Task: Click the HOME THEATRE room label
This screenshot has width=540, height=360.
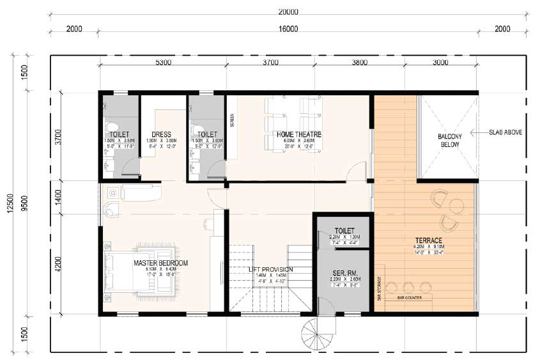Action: [298, 135]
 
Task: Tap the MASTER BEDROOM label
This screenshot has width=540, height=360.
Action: [161, 263]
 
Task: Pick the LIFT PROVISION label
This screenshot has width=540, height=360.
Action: [271, 269]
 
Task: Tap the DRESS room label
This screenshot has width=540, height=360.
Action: [162, 135]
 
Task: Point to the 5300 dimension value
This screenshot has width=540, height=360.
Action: [163, 63]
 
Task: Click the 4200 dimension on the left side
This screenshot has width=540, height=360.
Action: [58, 263]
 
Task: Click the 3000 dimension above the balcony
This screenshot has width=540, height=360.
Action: [440, 63]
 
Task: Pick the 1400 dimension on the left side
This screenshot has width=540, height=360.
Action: [58, 197]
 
